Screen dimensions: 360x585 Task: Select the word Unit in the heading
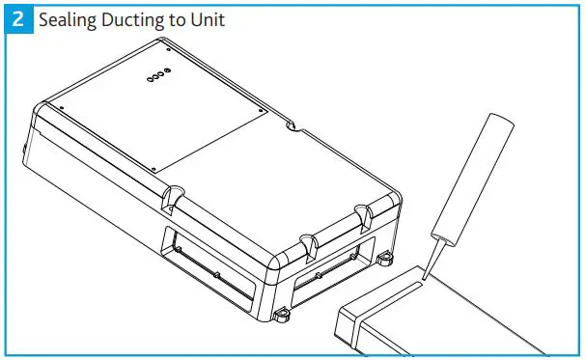click(209, 18)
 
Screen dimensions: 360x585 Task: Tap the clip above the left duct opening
click(175, 199)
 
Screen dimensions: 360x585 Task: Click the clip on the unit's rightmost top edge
click(363, 213)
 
